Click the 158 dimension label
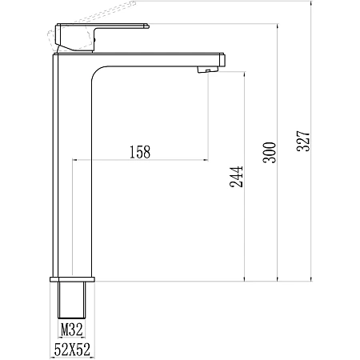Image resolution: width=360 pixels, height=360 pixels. tap(140, 152)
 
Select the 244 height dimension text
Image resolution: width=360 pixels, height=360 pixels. tap(237, 177)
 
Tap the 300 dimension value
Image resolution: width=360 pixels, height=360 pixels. tap(270, 153)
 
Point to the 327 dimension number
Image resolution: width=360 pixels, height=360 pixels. tap(303, 141)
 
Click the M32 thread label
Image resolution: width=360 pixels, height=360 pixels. tap(72, 330)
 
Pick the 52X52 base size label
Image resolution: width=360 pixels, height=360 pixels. tap(72, 350)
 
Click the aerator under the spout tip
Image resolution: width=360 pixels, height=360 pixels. tap(208, 70)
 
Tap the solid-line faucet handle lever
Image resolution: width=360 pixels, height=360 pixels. tap(102, 38)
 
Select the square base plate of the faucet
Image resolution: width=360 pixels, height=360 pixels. tap(72, 279)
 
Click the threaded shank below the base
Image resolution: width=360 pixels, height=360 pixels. tap(72, 300)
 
